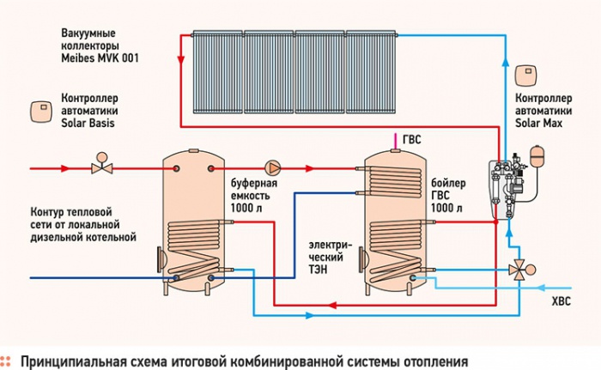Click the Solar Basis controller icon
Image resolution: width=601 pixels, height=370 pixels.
pos(41,112)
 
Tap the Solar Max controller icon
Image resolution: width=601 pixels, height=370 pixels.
pos(525,76)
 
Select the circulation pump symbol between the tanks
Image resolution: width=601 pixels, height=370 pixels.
pos(273,168)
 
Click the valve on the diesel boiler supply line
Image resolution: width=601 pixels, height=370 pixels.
pos(102,164)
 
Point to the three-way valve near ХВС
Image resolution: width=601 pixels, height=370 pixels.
pos(520,270)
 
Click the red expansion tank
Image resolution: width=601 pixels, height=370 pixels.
pos(536,155)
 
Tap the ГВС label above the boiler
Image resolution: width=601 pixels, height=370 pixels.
pos(411,139)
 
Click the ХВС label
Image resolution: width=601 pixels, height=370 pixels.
pos(561,301)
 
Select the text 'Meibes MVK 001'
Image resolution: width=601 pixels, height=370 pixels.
pos(100,58)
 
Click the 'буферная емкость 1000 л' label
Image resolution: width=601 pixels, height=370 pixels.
pos(254,195)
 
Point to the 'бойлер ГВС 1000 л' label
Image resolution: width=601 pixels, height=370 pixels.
pos(448,195)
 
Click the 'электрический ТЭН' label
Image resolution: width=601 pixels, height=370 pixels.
pos(331,258)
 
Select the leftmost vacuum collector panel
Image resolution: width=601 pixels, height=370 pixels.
pos(218,72)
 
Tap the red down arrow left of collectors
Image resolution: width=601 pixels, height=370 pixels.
pos(180,60)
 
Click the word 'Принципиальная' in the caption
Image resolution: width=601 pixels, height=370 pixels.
pos(74,362)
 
